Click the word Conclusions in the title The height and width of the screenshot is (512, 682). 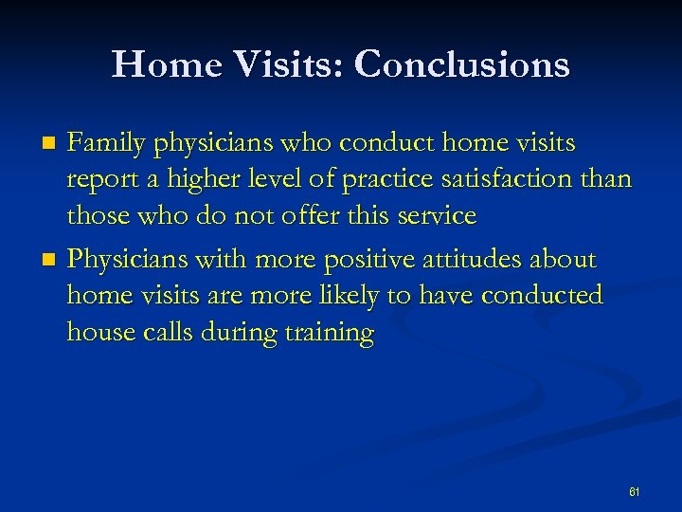coord(461,64)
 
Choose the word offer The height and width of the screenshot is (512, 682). coord(313,215)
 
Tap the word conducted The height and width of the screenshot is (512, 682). coord(542,296)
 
